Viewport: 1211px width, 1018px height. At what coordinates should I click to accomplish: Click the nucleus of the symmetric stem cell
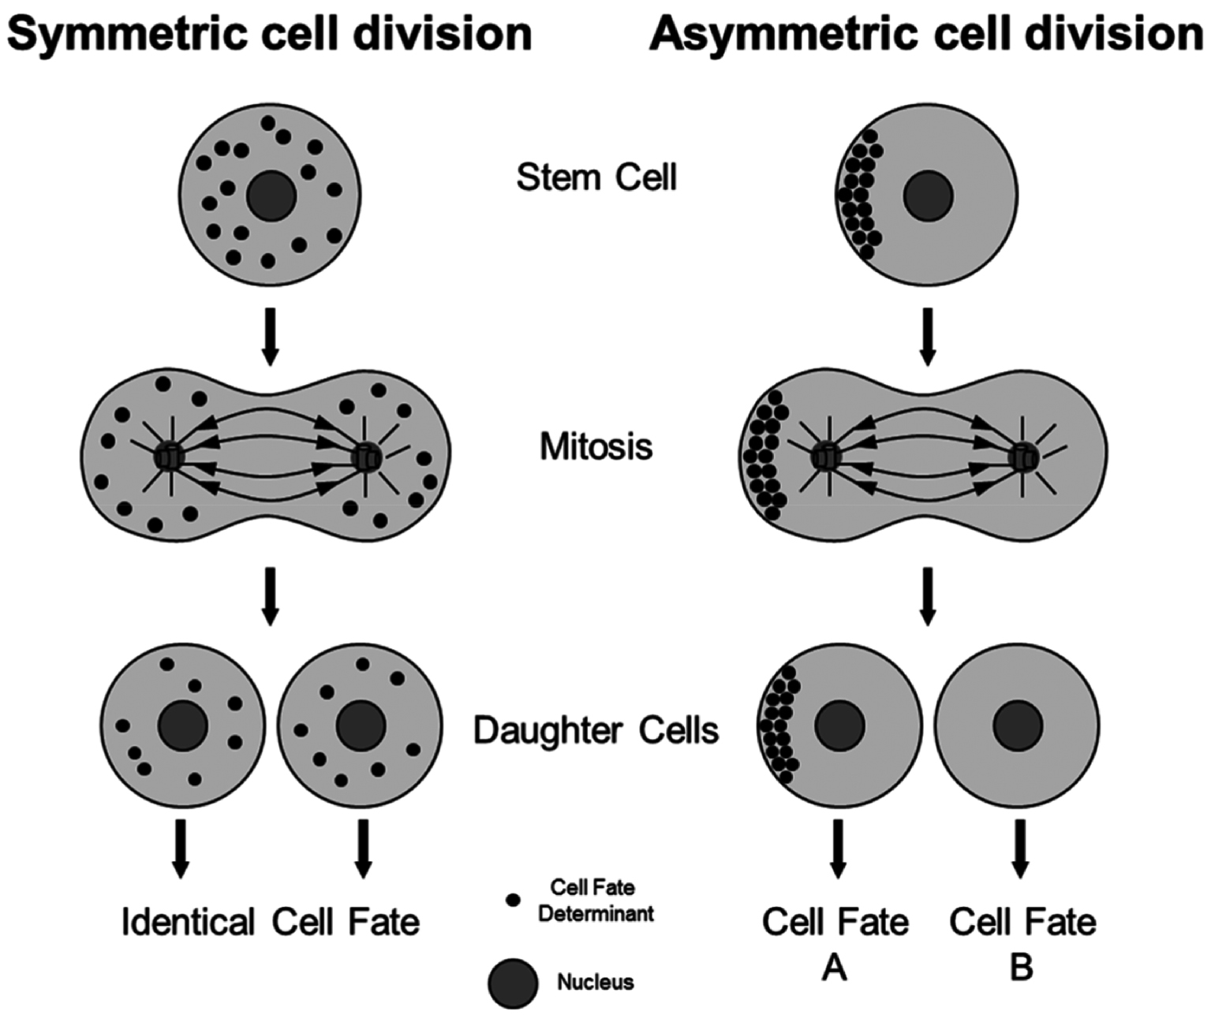[x=271, y=195]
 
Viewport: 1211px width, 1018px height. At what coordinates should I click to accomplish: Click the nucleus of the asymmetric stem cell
[x=929, y=196]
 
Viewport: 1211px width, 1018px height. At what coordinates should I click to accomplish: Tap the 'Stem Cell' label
[x=596, y=177]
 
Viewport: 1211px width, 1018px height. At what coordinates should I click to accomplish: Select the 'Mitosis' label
[x=596, y=446]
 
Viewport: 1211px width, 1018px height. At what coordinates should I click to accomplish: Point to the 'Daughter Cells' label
[x=596, y=730]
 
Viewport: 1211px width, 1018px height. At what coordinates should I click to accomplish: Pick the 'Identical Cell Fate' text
[x=271, y=922]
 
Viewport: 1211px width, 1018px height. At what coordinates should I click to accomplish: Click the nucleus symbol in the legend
[x=513, y=983]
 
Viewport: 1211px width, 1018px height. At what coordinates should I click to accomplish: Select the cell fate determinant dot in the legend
[x=513, y=899]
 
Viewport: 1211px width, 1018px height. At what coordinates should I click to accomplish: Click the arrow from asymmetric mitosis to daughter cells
[x=928, y=596]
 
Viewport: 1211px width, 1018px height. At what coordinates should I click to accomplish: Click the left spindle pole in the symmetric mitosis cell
[x=169, y=456]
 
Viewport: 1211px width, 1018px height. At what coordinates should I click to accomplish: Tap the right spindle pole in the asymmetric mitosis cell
[x=1024, y=456]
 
